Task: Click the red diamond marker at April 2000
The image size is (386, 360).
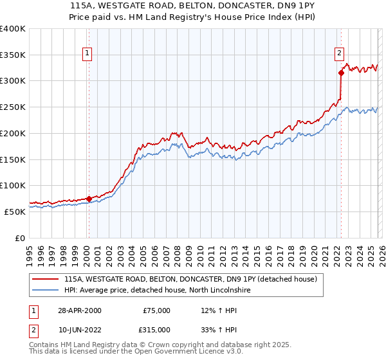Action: (x=89, y=199)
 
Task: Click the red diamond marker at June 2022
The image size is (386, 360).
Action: (x=341, y=73)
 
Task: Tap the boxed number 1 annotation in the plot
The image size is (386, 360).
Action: (x=87, y=54)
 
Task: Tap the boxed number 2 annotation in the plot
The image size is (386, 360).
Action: (x=339, y=54)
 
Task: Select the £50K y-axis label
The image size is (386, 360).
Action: (x=15, y=212)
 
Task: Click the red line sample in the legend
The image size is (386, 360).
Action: (x=45, y=280)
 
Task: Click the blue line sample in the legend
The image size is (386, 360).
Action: (x=45, y=291)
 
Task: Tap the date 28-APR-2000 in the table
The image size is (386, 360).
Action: (x=79, y=310)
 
